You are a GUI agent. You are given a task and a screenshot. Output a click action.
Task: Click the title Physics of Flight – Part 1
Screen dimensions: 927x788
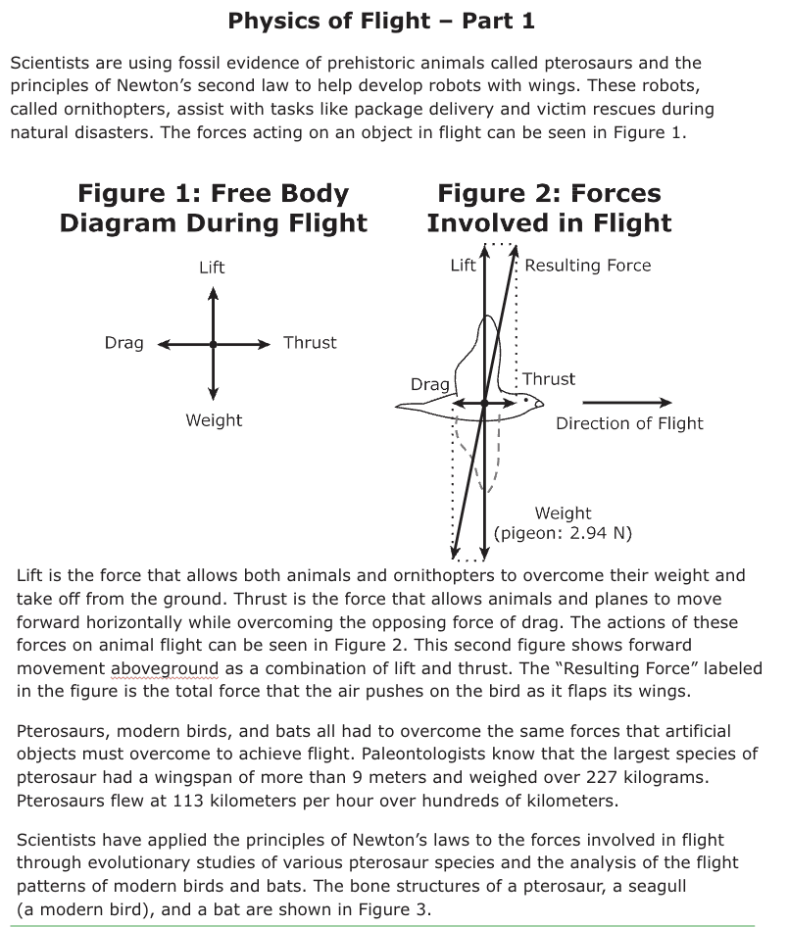pos(380,21)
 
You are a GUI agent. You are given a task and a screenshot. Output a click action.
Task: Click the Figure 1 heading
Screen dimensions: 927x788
pos(213,208)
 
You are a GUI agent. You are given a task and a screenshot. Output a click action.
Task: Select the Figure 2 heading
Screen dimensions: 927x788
pos(549,208)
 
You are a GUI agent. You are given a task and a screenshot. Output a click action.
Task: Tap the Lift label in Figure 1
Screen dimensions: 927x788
pos(212,268)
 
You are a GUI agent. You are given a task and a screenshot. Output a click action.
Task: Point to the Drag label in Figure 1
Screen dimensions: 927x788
pos(124,343)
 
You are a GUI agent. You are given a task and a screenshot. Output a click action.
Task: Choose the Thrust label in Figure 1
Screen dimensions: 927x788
pos(310,343)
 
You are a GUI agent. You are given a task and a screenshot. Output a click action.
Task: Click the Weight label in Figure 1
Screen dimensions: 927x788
pos(214,420)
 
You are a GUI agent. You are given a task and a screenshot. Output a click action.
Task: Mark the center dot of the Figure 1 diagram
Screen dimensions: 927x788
pos(213,344)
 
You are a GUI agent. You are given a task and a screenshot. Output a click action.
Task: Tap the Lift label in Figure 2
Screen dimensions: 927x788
pos(463,266)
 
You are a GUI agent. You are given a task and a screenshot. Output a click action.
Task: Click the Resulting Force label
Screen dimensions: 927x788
pos(587,266)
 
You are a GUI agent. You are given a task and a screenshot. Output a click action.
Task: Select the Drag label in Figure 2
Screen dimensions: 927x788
pos(429,385)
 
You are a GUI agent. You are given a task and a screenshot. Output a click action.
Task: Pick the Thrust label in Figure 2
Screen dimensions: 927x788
pos(549,379)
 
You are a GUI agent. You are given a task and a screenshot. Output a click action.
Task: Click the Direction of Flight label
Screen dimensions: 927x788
pos(629,423)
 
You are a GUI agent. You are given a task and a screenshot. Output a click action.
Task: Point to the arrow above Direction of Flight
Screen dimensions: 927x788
pos(627,403)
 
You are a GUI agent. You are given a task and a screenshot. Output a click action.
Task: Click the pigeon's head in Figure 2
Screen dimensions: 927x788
pos(530,401)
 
